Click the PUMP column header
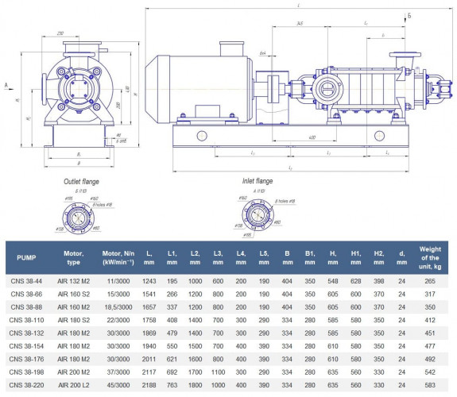(27, 257)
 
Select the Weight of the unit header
(430, 257)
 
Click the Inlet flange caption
(258, 181)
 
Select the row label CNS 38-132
(27, 333)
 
